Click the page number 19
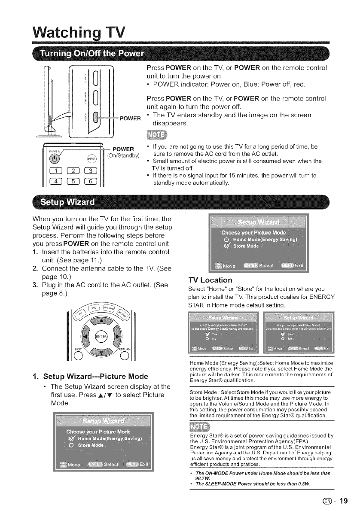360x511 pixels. tap(345, 500)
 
